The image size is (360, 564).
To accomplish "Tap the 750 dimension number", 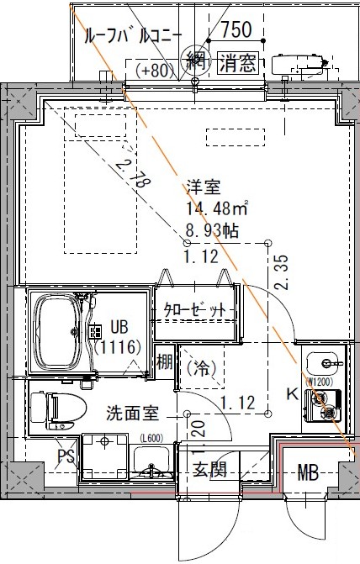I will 236,30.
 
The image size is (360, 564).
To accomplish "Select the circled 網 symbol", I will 195,61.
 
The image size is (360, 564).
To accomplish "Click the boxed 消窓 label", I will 238,62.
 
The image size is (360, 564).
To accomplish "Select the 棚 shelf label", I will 165,363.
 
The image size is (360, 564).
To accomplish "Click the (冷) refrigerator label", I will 202,366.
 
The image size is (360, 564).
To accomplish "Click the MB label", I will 306,472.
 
